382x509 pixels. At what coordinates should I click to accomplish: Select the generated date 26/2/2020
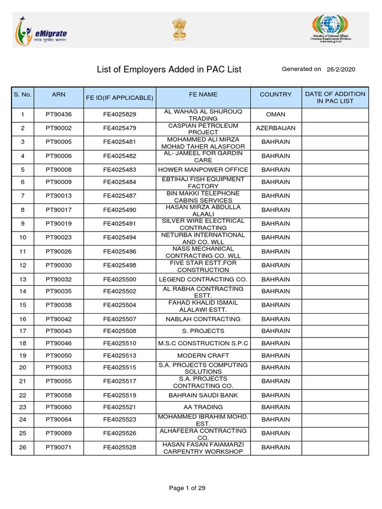point(341,70)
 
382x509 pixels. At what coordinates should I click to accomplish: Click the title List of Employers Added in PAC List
point(169,70)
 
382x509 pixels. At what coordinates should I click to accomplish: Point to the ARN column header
point(58,94)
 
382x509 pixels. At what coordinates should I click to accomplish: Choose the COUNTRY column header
point(276,94)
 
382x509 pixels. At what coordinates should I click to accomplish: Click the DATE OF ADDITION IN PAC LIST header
point(335,97)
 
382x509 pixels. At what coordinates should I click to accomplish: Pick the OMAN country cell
point(276,114)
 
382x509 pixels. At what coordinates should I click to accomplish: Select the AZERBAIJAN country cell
point(276,128)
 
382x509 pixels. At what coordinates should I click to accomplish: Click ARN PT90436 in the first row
point(58,114)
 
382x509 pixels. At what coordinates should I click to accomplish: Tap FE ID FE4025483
point(119,170)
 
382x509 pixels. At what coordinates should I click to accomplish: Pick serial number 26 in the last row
point(22,447)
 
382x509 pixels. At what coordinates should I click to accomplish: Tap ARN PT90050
point(58,355)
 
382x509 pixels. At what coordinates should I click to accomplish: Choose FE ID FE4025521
point(119,407)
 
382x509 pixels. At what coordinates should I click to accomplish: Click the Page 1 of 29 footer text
point(187,488)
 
